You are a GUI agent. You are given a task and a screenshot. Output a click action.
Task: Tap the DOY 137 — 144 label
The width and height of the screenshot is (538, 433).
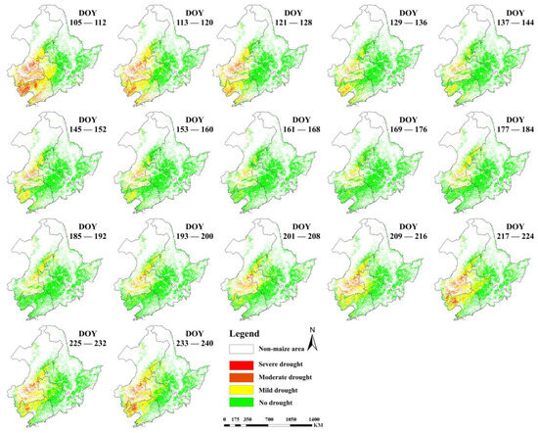tap(507, 24)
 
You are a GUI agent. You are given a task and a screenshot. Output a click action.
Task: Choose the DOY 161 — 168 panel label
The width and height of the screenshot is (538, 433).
tap(294, 129)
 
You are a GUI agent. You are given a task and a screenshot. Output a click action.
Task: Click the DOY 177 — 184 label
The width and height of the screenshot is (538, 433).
tap(507, 129)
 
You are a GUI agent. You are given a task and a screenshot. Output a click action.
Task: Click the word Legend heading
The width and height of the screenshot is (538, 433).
tap(247, 333)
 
